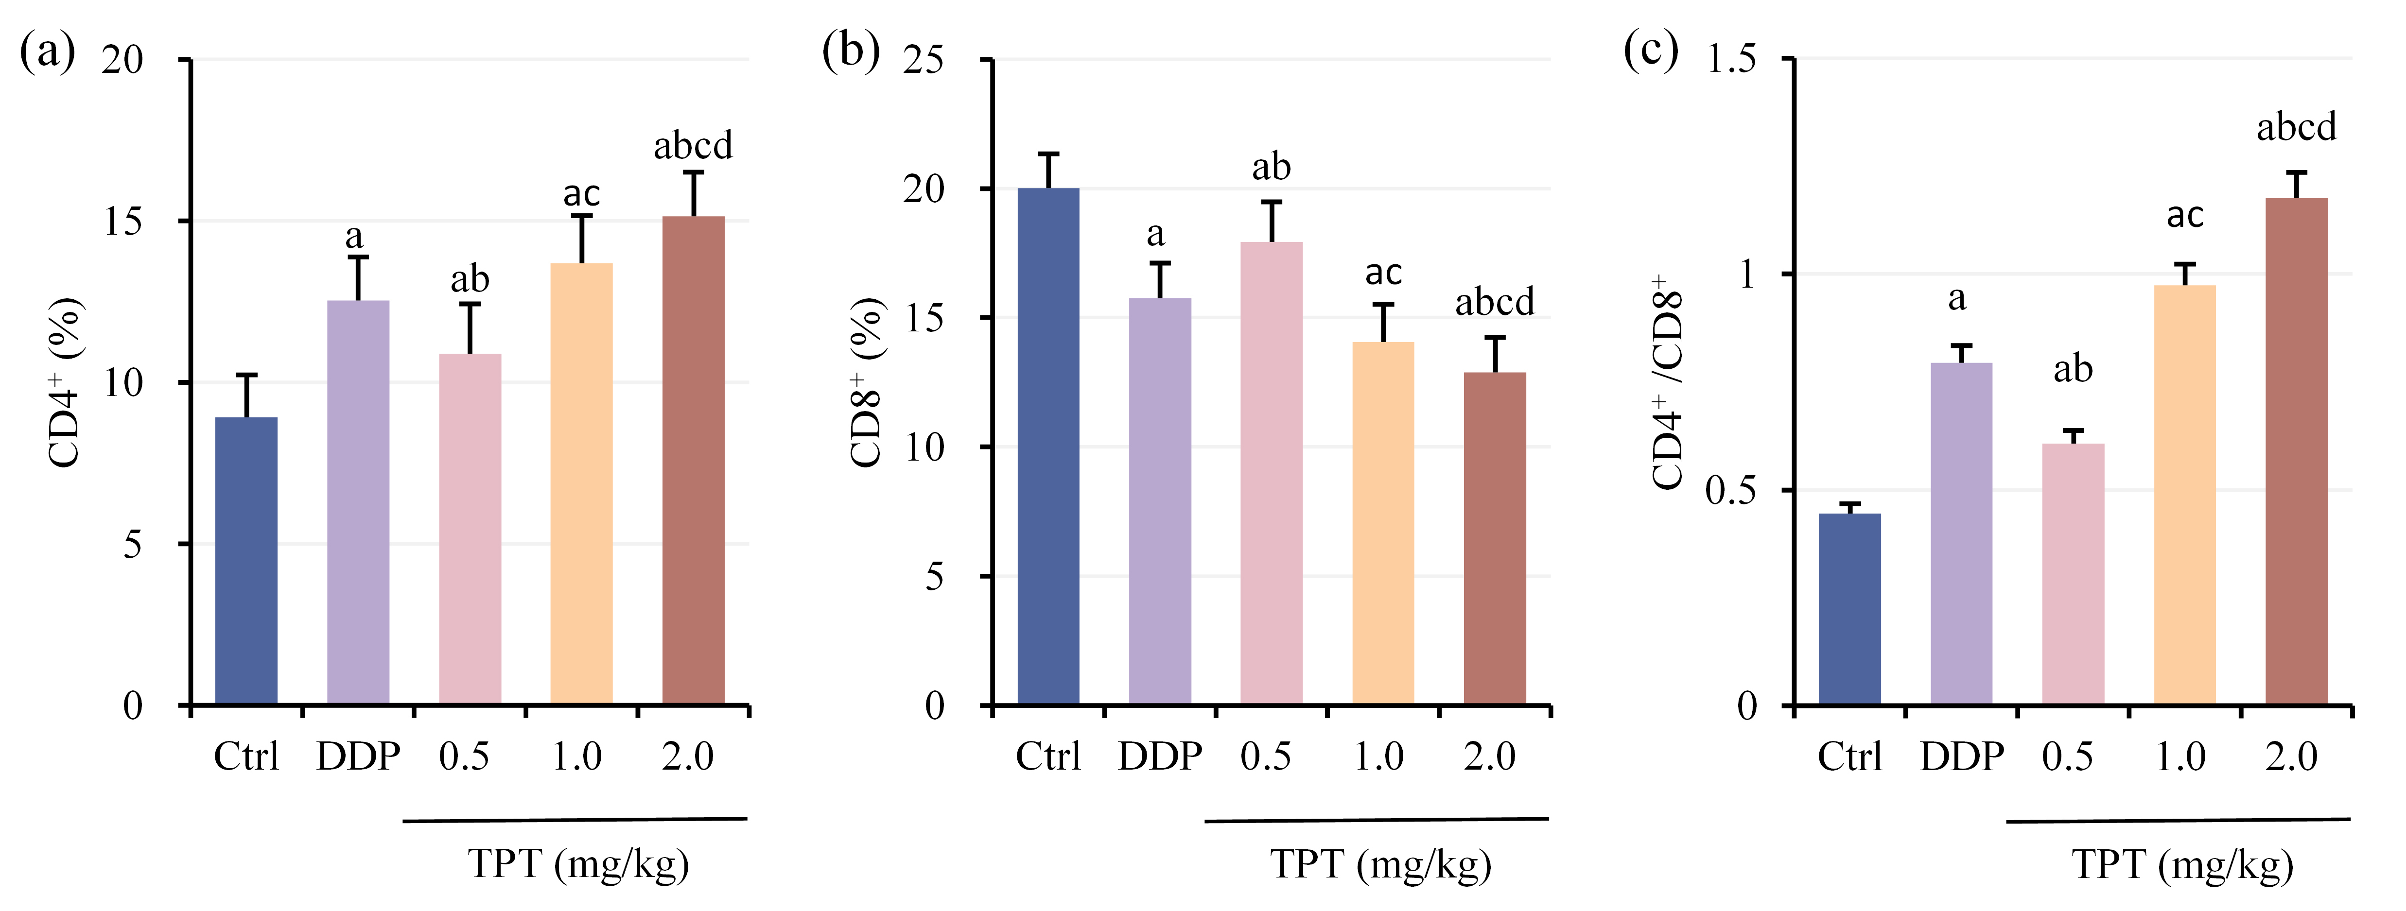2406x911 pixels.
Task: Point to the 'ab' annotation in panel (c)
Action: click(2073, 370)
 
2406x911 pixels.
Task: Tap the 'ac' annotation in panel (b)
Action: click(1383, 273)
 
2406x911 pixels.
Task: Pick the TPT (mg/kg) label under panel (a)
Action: click(578, 863)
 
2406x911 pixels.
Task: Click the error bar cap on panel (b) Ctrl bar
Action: click(1048, 154)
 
